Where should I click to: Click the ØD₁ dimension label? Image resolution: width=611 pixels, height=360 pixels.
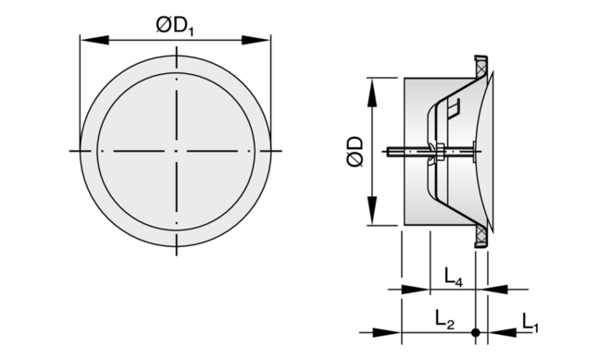click(x=175, y=27)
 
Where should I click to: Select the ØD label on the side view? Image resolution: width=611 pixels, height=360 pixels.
click(x=355, y=152)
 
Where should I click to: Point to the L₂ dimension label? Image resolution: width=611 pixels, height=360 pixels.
click(x=444, y=320)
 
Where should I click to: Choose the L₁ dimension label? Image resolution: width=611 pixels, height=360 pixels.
click(x=530, y=323)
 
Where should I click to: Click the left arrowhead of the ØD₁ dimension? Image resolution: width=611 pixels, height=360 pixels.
click(x=94, y=40)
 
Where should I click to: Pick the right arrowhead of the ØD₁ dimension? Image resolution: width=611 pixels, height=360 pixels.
click(x=256, y=40)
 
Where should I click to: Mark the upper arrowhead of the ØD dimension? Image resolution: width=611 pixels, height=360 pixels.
click(x=372, y=93)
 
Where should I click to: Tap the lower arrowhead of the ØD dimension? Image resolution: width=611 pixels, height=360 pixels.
click(x=372, y=211)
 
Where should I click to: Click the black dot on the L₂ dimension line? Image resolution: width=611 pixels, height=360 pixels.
click(x=476, y=332)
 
